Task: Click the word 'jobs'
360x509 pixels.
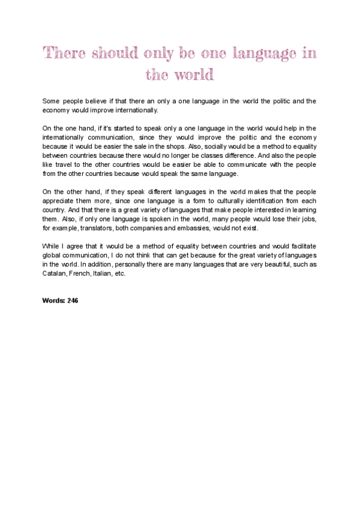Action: click(x=307, y=218)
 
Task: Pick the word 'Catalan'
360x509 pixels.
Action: click(x=53, y=273)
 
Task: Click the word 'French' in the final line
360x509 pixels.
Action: click(x=81, y=273)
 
